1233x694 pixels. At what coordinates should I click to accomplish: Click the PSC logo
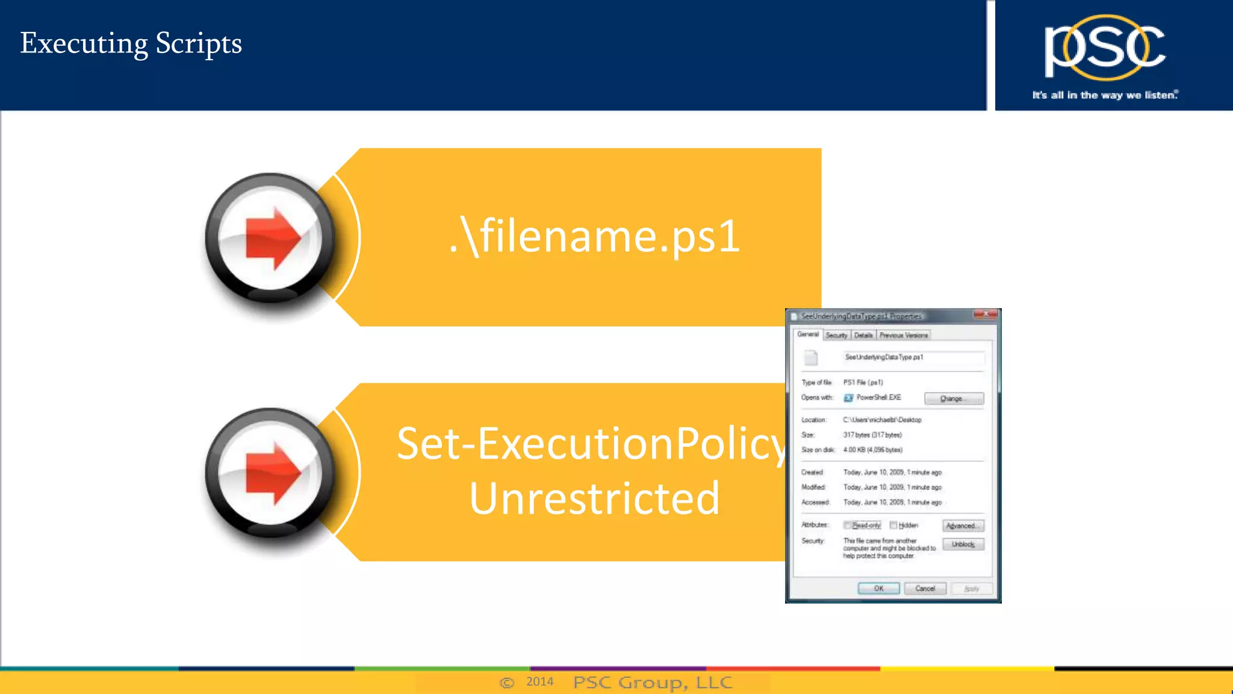(x=1104, y=48)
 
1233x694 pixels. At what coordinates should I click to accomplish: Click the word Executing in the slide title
(x=84, y=44)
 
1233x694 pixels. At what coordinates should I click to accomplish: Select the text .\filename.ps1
(x=594, y=236)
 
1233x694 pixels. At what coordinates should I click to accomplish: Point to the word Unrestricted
(x=594, y=499)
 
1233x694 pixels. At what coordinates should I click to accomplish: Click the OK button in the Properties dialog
(x=878, y=589)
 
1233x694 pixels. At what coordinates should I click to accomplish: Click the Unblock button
(x=963, y=545)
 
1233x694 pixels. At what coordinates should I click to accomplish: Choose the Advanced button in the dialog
(x=963, y=526)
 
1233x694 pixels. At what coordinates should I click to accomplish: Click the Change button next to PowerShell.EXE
(x=954, y=399)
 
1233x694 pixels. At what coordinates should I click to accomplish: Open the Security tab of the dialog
(x=836, y=336)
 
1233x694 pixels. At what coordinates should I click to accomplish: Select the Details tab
(x=863, y=336)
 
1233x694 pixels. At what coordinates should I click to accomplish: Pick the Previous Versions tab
(x=903, y=336)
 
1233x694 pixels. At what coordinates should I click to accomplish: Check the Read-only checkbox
(x=847, y=525)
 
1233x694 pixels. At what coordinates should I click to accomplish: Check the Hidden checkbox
(x=893, y=525)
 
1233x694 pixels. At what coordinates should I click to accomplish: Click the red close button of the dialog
(x=986, y=314)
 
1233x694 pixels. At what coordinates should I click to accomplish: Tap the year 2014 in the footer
(x=539, y=681)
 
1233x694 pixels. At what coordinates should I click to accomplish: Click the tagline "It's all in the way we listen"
(x=1104, y=95)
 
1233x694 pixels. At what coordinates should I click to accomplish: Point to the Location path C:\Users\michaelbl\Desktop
(x=882, y=420)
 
